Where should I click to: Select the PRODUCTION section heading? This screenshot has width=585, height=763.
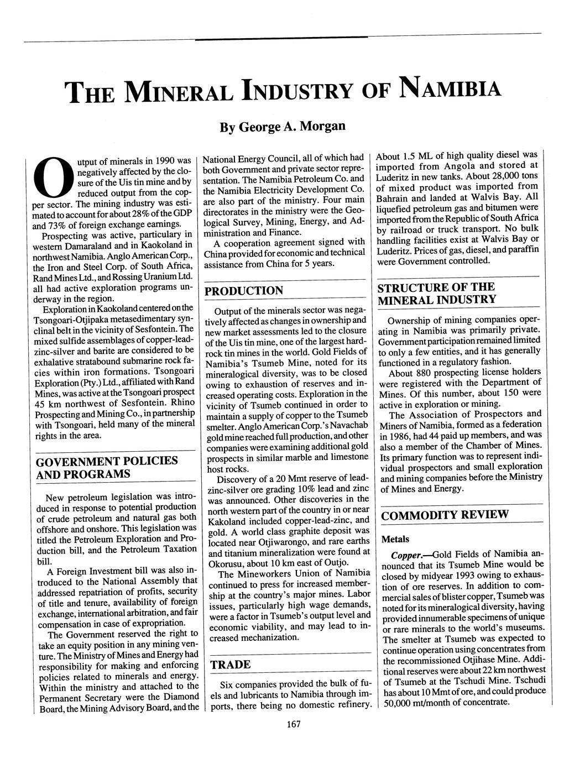244,291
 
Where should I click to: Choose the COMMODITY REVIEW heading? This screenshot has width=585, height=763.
445,515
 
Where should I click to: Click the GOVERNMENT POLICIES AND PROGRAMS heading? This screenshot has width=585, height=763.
107,468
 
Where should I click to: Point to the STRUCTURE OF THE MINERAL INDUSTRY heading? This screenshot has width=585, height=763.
436,294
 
